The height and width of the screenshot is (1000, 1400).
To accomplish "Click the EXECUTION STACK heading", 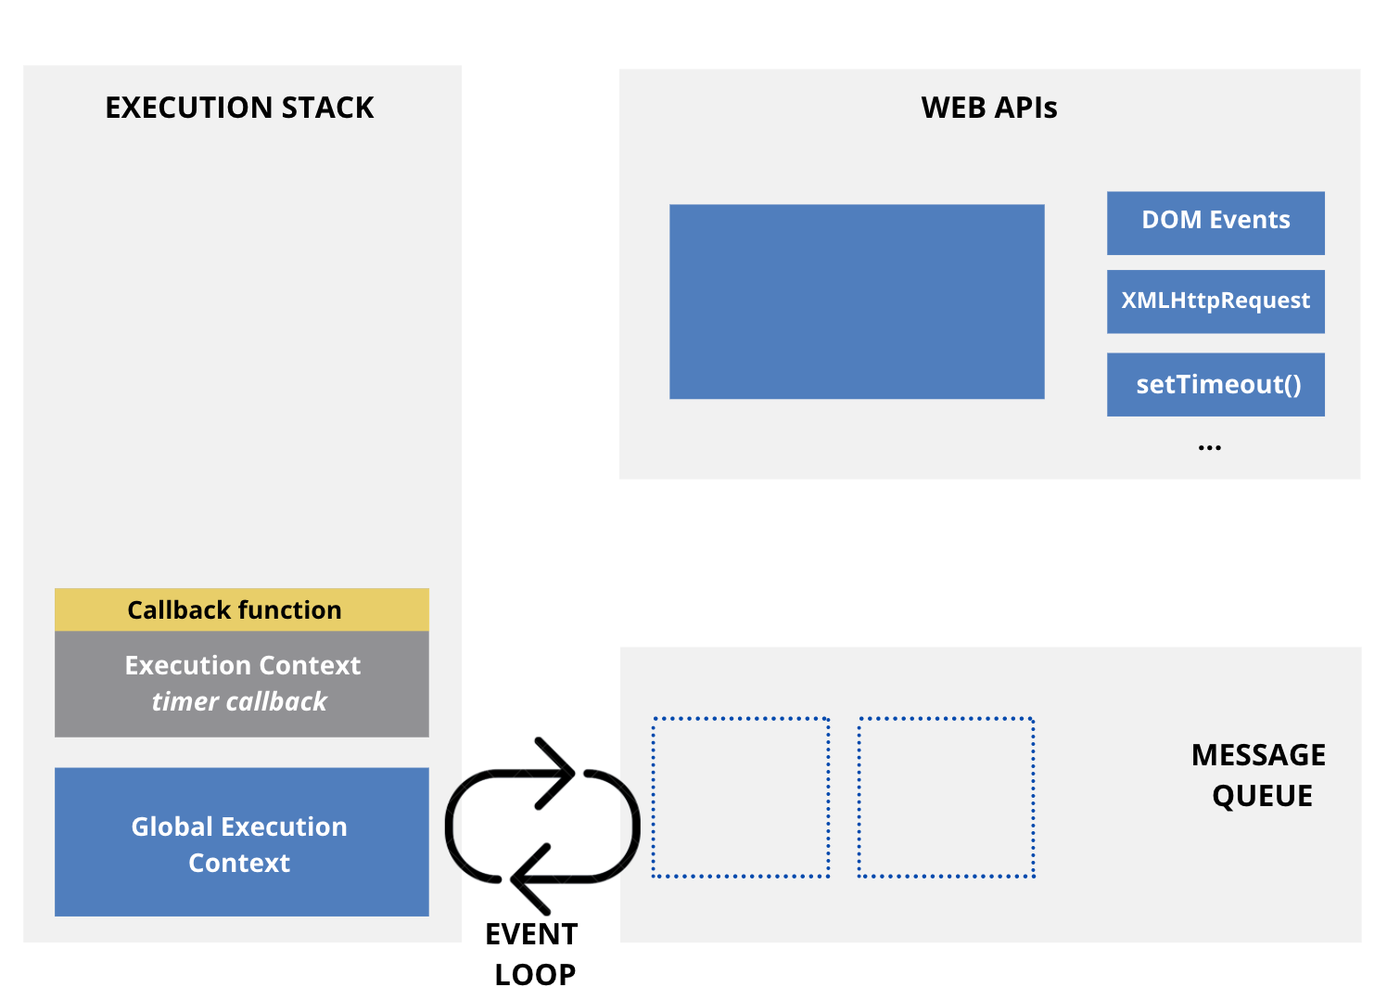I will tap(239, 108).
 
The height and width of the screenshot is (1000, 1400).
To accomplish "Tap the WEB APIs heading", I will tap(989, 108).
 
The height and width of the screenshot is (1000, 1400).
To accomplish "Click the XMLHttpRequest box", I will tap(1215, 301).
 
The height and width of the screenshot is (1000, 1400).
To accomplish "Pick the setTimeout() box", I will tap(1215, 384).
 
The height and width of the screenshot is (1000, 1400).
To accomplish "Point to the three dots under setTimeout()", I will tap(1209, 448).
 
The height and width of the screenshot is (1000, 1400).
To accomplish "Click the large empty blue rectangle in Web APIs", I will tap(857, 301).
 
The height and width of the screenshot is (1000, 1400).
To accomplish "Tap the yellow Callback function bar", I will tap(241, 609).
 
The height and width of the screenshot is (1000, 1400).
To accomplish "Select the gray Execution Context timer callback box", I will tap(241, 684).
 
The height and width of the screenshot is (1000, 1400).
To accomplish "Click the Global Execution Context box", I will tap(241, 841).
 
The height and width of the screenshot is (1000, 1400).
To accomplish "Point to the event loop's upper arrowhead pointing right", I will tap(560, 772).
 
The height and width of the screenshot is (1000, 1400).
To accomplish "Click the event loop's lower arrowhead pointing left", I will tap(527, 878).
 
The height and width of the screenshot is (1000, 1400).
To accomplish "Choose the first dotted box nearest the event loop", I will tap(741, 797).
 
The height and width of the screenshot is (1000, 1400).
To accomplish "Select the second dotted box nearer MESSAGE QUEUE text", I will tap(946, 797).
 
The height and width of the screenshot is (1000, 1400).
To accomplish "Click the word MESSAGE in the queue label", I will tap(1258, 755).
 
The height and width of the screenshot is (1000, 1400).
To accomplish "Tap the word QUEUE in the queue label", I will tap(1262, 796).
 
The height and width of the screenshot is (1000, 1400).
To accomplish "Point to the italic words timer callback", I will tap(239, 702).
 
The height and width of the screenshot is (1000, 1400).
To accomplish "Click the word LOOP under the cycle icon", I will tap(535, 975).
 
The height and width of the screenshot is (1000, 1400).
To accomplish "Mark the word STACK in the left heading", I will tap(327, 108).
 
